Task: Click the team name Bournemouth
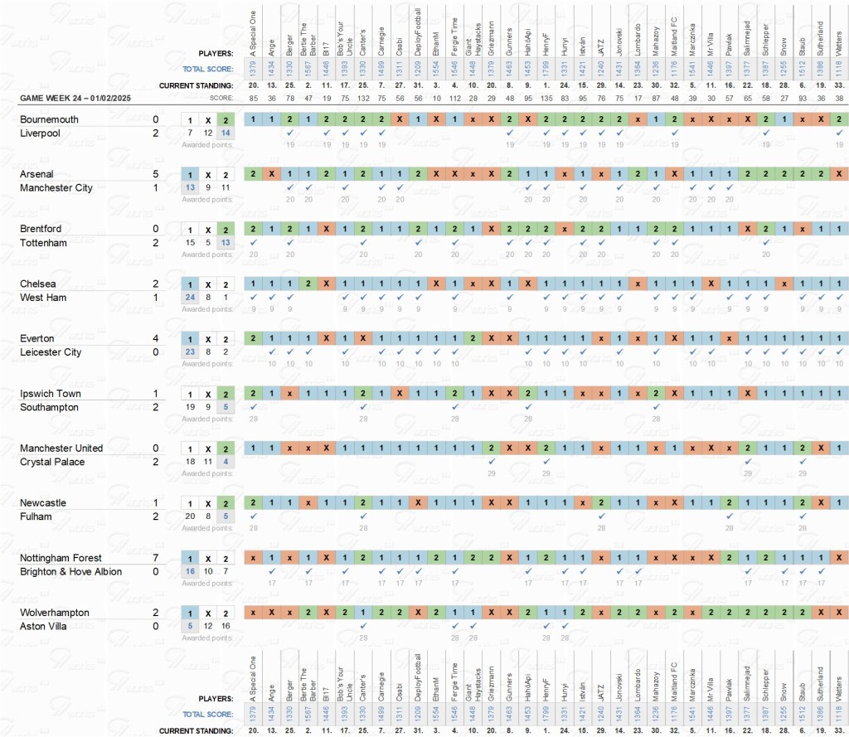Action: [x=49, y=119]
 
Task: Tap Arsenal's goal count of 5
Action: [x=156, y=174]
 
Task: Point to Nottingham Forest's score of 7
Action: [x=156, y=558]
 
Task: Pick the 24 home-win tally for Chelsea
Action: [x=190, y=298]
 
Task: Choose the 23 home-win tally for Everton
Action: [x=190, y=352]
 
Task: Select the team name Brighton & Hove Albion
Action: [x=70, y=571]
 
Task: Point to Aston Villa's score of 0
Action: [x=156, y=626]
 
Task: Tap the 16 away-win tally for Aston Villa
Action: [x=226, y=626]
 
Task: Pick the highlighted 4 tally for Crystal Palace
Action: [x=226, y=462]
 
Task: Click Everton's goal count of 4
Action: [x=156, y=338]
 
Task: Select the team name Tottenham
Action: [x=45, y=242]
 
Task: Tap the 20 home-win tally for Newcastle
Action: [x=190, y=516]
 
